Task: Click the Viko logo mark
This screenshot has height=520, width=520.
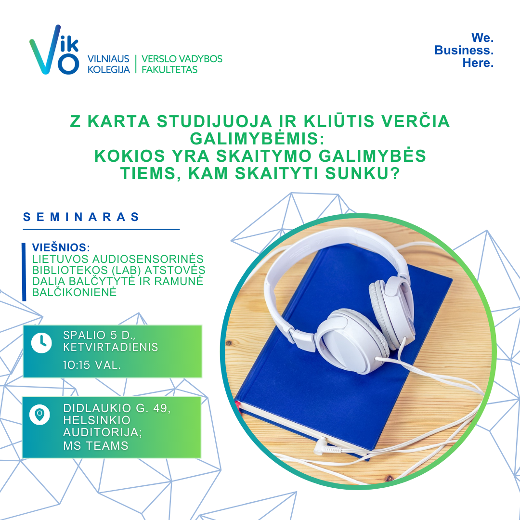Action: click(x=55, y=50)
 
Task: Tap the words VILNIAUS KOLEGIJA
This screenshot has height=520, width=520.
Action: click(x=108, y=64)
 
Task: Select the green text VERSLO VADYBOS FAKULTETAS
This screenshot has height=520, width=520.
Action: click(x=182, y=64)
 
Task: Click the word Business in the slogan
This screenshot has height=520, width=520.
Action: click(x=464, y=50)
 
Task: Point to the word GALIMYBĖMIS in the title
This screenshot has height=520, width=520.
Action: click(x=257, y=138)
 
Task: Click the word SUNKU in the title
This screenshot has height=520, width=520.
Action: click(x=363, y=173)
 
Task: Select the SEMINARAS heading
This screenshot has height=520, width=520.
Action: click(x=81, y=217)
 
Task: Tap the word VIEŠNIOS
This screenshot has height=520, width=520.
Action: click(x=61, y=247)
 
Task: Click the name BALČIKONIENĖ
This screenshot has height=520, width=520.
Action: click(x=74, y=292)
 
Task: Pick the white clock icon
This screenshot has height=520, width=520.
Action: click(x=41, y=343)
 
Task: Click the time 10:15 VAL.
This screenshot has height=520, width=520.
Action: click(x=92, y=365)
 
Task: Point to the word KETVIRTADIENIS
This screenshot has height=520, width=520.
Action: click(x=111, y=347)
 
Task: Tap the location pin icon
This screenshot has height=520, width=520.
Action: click(x=39, y=415)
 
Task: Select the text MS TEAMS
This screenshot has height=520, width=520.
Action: click(x=96, y=446)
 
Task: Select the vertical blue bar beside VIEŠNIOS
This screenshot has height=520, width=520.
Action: click(x=24, y=272)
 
